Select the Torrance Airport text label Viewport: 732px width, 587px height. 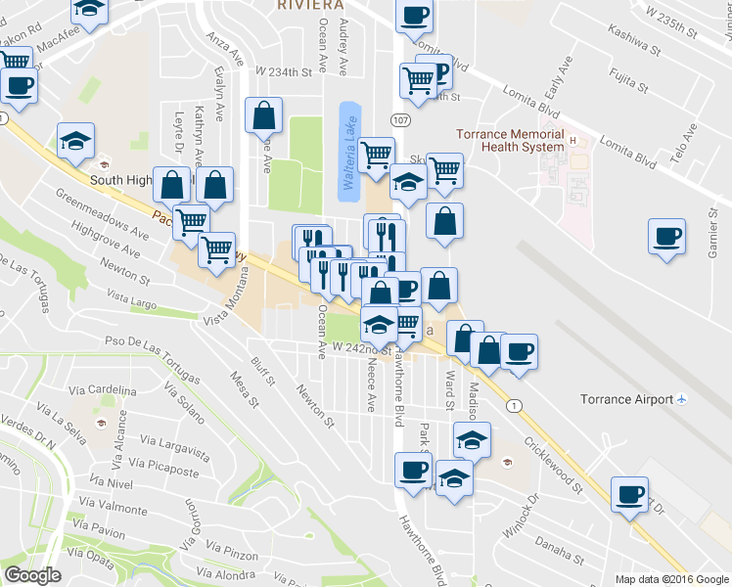point(640,399)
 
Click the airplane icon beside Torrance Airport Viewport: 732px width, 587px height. point(682,399)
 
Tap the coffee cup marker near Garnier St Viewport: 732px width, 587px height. point(666,237)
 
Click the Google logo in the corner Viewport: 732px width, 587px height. point(32,575)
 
